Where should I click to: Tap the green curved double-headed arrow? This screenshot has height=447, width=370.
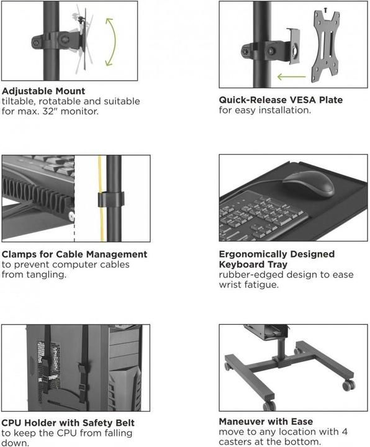click(x=111, y=42)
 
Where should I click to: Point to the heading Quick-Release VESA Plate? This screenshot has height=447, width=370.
click(x=281, y=99)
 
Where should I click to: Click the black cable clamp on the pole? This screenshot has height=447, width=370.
click(x=112, y=200)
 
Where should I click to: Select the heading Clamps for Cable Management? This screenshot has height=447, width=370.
click(x=74, y=254)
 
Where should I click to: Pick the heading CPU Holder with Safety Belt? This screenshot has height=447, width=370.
click(x=68, y=423)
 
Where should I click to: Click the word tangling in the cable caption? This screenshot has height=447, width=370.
click(x=44, y=274)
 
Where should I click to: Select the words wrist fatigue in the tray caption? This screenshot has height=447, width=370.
click(x=246, y=286)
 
